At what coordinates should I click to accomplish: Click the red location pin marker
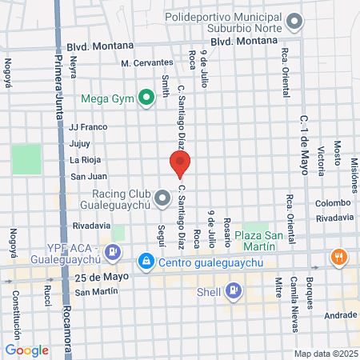(x=179, y=163)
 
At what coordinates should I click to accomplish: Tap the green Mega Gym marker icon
(x=146, y=99)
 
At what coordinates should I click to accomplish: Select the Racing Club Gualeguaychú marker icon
(x=163, y=197)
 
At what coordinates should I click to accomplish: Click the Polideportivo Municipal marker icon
(x=296, y=22)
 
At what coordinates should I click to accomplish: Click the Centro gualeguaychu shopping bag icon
(x=146, y=261)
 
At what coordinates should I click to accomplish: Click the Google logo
(x=26, y=350)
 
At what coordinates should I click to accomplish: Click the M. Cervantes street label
(x=147, y=62)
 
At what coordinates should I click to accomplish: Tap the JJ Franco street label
(x=88, y=126)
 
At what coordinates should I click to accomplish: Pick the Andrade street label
(x=341, y=315)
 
